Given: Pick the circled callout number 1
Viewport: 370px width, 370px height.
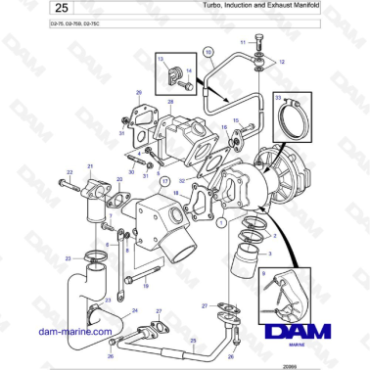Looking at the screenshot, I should click(222, 224).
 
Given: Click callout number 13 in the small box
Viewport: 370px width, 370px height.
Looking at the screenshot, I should click(161, 60).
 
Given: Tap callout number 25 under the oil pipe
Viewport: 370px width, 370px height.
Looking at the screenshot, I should click(194, 340).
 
